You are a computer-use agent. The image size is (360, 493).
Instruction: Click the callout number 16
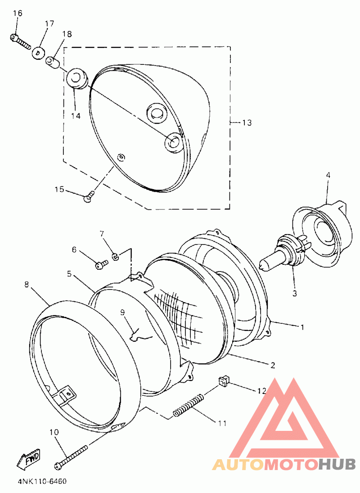click(18, 13)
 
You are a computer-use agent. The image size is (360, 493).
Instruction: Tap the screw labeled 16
click(20, 42)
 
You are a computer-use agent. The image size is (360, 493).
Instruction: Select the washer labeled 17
click(38, 53)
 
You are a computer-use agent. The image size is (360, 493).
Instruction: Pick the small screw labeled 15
click(89, 196)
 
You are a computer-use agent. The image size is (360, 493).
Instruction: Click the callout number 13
click(247, 122)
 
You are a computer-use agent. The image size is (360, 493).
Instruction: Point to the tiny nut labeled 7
click(115, 257)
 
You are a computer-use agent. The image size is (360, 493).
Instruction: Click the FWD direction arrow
click(29, 459)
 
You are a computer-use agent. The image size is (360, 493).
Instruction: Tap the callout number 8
click(26, 285)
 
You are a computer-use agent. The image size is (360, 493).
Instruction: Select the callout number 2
click(273, 365)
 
